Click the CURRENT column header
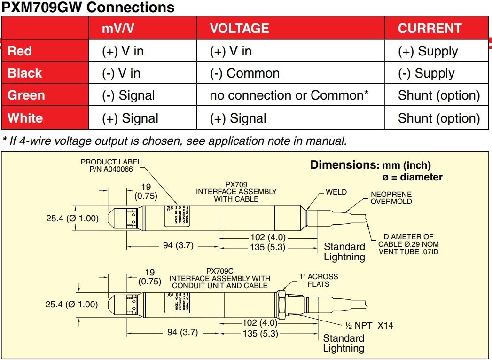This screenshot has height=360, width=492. click(x=430, y=28)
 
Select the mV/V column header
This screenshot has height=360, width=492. click(x=118, y=28)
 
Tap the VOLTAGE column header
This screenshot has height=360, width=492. click(x=239, y=28)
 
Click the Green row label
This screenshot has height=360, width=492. click(x=26, y=95)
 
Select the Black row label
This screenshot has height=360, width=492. click(x=25, y=73)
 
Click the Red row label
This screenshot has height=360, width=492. click(x=20, y=51)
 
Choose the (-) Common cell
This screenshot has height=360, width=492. click(x=244, y=73)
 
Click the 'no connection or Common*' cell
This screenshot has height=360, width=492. click(x=289, y=95)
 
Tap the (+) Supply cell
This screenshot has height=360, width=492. click(x=428, y=51)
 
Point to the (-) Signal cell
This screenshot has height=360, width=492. click(x=128, y=95)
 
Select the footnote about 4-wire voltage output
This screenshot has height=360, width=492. click(x=175, y=140)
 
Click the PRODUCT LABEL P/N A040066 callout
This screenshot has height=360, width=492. click(x=111, y=166)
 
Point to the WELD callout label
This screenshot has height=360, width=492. click(x=336, y=192)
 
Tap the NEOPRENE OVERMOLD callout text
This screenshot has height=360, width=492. click(x=391, y=198)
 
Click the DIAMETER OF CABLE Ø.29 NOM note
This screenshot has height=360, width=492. click(x=408, y=244)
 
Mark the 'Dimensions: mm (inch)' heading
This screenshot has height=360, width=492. click(x=371, y=165)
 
